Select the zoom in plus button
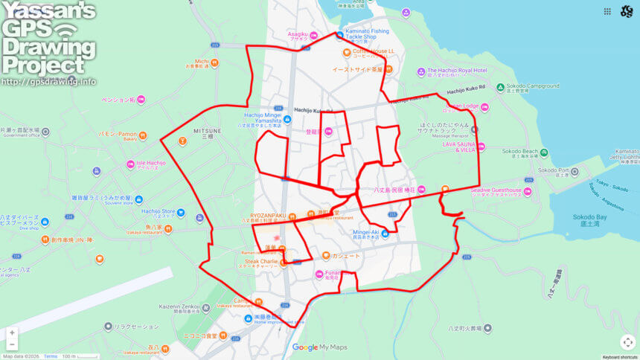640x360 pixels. (11, 332)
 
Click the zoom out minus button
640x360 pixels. (11, 345)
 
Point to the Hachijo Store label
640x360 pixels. (159, 211)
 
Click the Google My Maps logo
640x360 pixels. (320, 347)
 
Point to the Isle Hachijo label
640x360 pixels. (150, 163)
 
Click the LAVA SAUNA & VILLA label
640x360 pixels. (458, 147)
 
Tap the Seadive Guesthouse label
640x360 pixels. (496, 190)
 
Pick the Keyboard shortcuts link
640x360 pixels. (620, 357)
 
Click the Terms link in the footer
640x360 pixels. (51, 356)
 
